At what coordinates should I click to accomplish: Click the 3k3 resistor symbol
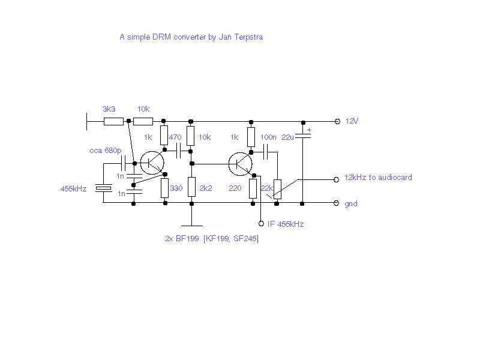tap(113, 122)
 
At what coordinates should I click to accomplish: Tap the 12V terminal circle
tap(337, 122)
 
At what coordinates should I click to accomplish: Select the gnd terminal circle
tap(336, 203)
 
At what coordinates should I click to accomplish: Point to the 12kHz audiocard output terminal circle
tap(336, 179)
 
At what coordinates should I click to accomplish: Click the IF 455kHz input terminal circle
tap(261, 223)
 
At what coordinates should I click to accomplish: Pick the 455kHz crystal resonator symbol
tap(103, 188)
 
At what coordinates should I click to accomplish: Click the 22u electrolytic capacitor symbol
tap(303, 136)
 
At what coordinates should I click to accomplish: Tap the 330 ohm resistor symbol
tap(164, 188)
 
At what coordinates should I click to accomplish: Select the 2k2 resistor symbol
tap(191, 187)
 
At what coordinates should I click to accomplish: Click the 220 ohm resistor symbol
tap(253, 188)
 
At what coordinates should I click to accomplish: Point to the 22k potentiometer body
tap(277, 189)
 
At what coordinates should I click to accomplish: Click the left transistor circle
tap(152, 163)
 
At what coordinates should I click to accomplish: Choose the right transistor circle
tap(241, 164)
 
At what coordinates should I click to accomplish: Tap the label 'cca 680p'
tap(106, 151)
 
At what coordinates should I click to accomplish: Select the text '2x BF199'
tap(182, 238)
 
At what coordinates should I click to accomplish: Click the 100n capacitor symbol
tap(266, 152)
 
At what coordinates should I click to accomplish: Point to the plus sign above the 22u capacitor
tap(309, 130)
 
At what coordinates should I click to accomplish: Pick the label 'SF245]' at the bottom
tap(246, 238)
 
